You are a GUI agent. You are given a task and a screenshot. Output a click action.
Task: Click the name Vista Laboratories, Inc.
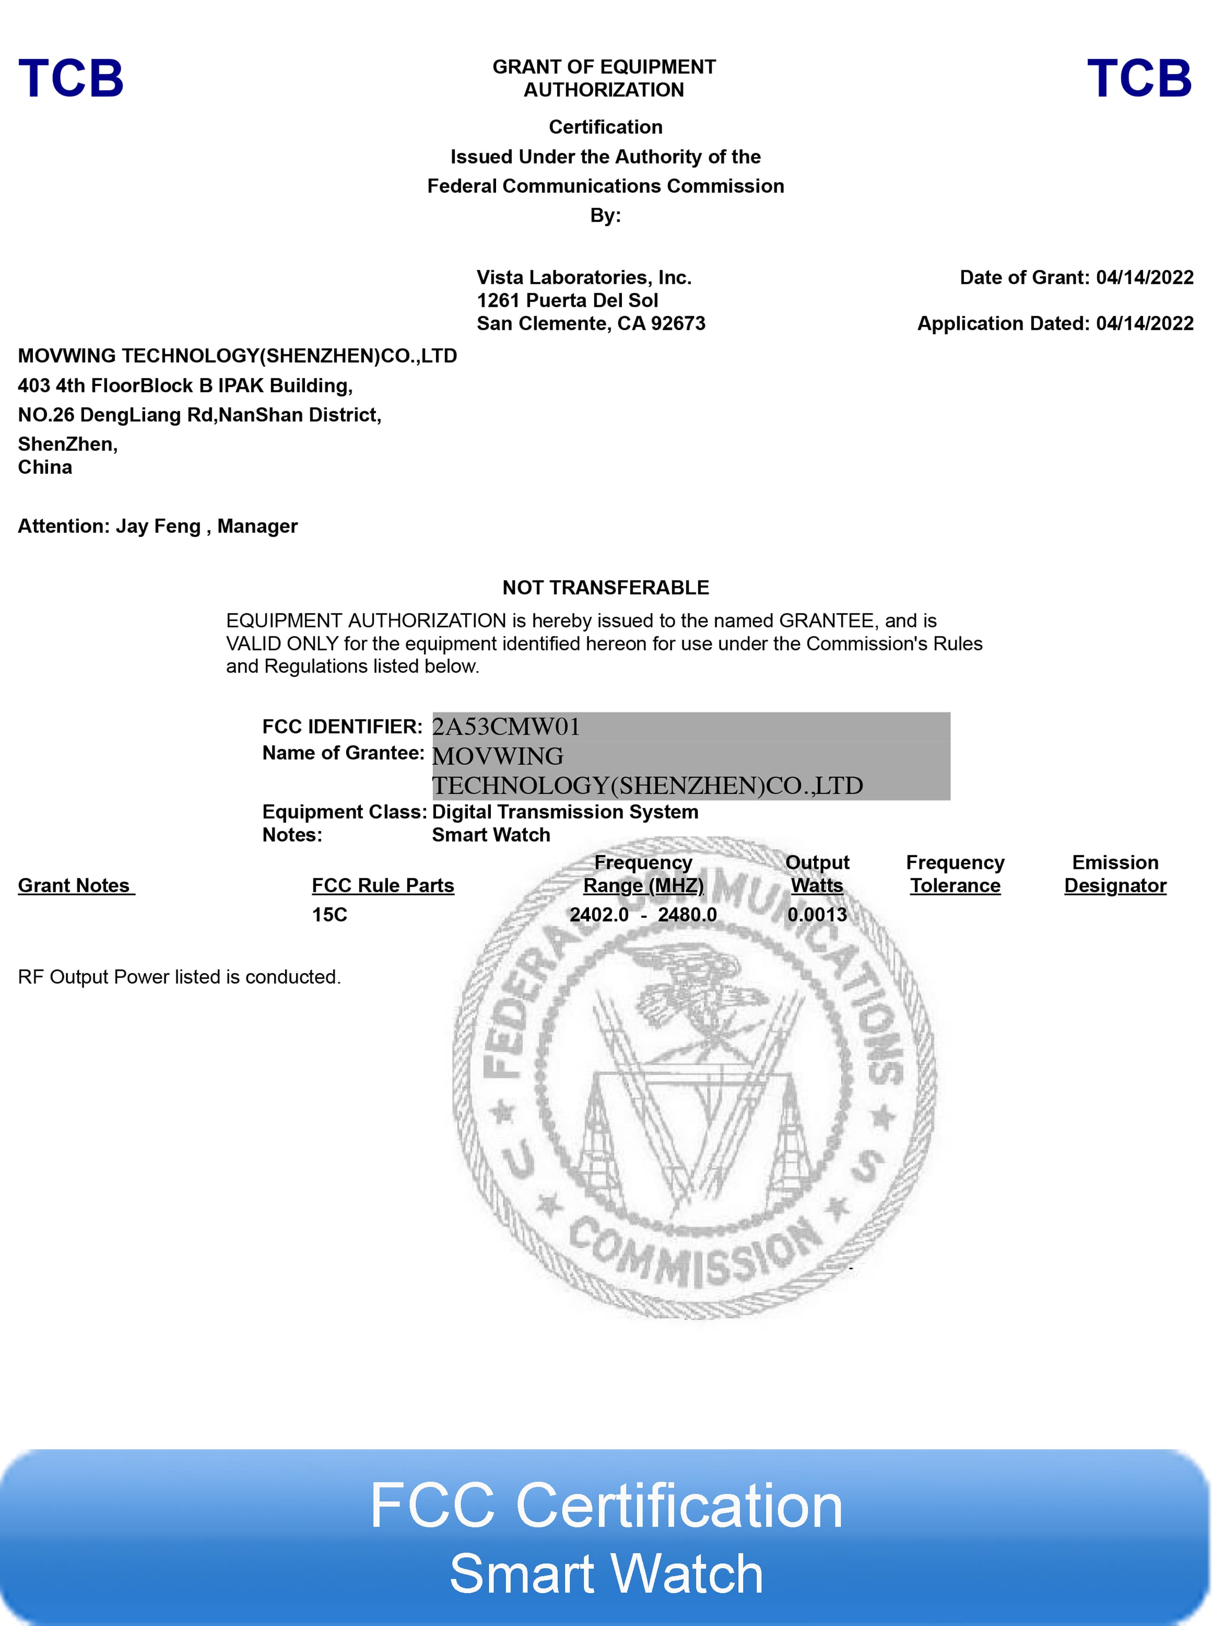tap(584, 277)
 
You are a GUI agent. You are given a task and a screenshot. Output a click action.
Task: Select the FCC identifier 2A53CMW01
tap(506, 727)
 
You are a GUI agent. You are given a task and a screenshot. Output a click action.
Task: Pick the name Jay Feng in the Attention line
tap(158, 526)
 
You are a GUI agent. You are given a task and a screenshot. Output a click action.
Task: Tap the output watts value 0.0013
tap(816, 914)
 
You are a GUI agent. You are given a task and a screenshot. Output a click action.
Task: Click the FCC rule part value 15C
tap(329, 914)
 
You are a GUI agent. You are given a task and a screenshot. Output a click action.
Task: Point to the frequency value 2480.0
tap(687, 914)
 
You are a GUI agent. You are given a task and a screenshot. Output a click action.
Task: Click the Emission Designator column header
tap(1115, 874)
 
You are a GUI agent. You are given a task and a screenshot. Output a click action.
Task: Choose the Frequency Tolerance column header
tap(955, 874)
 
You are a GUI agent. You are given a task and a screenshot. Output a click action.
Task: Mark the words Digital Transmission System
tap(565, 812)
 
